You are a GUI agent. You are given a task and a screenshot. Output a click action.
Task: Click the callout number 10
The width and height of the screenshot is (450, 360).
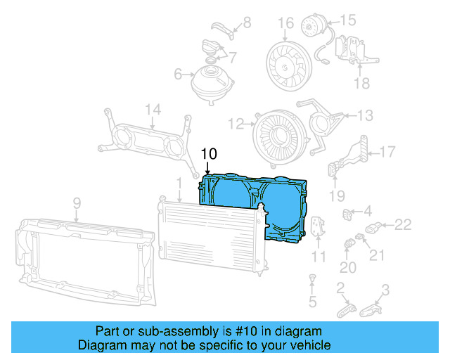click(x=210, y=153)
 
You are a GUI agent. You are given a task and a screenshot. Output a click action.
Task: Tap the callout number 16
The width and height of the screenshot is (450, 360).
click(x=285, y=23)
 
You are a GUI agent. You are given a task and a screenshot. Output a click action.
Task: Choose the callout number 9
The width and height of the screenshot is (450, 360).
click(x=77, y=203)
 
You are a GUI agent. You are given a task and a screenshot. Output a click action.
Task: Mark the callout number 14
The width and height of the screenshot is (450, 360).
click(x=153, y=109)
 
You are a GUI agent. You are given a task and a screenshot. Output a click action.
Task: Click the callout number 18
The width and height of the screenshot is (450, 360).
click(x=361, y=84)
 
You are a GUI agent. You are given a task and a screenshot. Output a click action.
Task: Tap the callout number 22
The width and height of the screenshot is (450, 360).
click(x=402, y=225)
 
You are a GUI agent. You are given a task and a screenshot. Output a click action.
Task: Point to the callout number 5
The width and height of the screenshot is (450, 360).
click(x=313, y=302)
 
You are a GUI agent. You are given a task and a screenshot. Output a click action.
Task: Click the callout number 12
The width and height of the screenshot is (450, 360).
click(x=236, y=124)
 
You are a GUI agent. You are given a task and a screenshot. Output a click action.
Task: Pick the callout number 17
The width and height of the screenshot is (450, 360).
click(x=387, y=151)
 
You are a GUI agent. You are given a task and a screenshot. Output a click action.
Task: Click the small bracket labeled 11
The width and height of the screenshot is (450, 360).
click(x=319, y=229)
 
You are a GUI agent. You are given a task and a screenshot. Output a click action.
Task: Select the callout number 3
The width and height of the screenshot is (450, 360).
click(x=385, y=288)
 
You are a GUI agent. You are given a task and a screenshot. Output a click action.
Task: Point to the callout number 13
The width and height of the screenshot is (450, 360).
click(x=366, y=115)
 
